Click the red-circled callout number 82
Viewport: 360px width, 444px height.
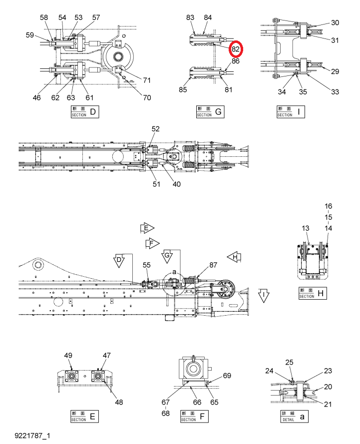tap(236, 49)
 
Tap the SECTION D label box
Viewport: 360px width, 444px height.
tap(84, 111)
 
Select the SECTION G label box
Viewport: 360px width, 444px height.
tap(210, 111)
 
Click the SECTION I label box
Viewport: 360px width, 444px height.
tap(291, 111)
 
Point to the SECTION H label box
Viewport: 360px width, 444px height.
tap(313, 293)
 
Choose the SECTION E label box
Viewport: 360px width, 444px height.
tap(84, 416)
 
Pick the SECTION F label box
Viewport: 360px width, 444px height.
tap(194, 416)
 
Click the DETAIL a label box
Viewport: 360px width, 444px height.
tap(294, 416)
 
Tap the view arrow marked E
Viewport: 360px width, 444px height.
tap(147, 228)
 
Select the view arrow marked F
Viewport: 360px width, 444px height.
tap(153, 243)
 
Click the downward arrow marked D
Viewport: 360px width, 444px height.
tap(119, 261)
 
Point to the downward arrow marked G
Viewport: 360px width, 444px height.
tap(167, 257)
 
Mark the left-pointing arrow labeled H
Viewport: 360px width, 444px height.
tap(234, 257)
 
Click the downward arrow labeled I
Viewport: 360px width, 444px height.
tap(264, 296)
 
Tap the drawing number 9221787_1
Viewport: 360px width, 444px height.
tap(32, 436)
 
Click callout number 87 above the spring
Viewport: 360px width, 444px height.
tap(213, 265)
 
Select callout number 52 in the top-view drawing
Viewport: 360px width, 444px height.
tap(155, 129)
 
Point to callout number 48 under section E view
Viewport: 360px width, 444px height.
tap(119, 402)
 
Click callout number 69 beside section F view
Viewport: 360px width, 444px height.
tap(227, 376)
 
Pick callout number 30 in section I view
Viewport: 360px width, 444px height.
tap(335, 22)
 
